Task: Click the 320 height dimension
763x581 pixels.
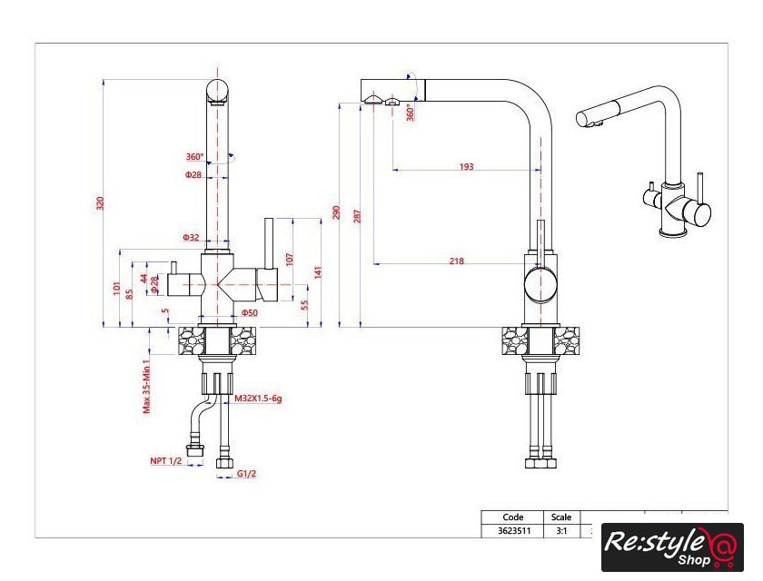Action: (x=100, y=202)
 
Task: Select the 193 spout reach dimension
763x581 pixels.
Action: (x=466, y=167)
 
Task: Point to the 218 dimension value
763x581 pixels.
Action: (x=456, y=261)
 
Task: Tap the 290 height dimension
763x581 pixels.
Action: (x=336, y=212)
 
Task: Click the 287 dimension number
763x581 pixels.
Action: (x=357, y=216)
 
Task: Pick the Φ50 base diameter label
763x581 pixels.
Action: (x=250, y=312)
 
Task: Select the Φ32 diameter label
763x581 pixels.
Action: (x=192, y=237)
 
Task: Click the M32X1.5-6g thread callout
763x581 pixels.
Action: (x=258, y=399)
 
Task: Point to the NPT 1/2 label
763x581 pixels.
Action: (x=165, y=460)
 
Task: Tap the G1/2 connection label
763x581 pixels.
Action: (x=247, y=474)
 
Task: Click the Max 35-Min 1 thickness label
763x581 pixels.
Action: (x=146, y=387)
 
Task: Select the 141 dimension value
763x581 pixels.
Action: (x=318, y=272)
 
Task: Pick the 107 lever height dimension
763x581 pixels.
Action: (x=290, y=259)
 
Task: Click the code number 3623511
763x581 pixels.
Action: (x=514, y=530)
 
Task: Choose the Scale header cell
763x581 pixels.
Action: (x=561, y=517)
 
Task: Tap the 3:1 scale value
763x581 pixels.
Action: (x=561, y=530)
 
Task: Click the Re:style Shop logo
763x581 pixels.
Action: (x=672, y=547)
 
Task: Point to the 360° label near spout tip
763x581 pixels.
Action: (x=411, y=113)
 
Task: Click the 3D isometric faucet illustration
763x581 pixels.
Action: (x=643, y=162)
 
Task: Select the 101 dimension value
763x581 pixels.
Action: (x=116, y=288)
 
